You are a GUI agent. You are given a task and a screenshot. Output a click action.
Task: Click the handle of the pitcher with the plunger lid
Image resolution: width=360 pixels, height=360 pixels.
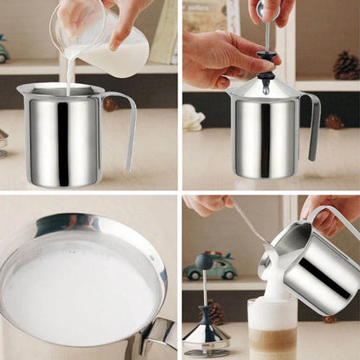(313, 125)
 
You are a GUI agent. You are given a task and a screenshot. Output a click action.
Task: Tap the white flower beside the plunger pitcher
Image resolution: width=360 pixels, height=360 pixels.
(192, 118)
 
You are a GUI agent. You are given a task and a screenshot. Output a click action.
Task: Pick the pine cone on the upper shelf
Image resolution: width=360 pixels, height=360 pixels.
(346, 64)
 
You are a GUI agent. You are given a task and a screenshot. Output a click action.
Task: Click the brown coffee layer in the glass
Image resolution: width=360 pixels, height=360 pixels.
(272, 342)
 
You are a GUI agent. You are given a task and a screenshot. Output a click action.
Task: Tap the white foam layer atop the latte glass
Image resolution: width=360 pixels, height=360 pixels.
(272, 314)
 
